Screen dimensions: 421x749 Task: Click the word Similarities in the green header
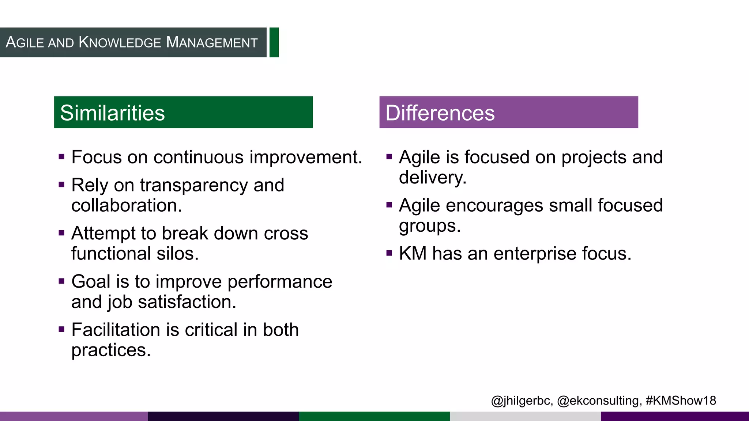pyautogui.click(x=112, y=113)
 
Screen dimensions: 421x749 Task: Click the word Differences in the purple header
pyautogui.click(x=440, y=113)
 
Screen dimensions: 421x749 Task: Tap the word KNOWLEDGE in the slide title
pyautogui.click(x=120, y=42)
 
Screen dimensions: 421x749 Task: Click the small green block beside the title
pyautogui.click(x=274, y=42)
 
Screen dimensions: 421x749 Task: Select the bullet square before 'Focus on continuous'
pyautogui.click(x=61, y=157)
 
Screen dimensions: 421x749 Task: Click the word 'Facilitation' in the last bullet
pyautogui.click(x=116, y=330)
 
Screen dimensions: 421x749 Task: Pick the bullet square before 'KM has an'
pyautogui.click(x=389, y=253)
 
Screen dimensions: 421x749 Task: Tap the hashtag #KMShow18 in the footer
pyautogui.click(x=681, y=401)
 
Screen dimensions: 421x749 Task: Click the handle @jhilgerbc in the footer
pyautogui.click(x=521, y=401)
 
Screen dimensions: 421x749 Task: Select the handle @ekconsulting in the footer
pyautogui.click(x=598, y=401)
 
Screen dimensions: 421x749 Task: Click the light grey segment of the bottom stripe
pyautogui.click(x=525, y=416)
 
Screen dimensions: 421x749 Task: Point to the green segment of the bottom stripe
pyautogui.click(x=374, y=416)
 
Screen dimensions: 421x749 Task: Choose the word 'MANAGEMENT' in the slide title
pyautogui.click(x=212, y=42)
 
